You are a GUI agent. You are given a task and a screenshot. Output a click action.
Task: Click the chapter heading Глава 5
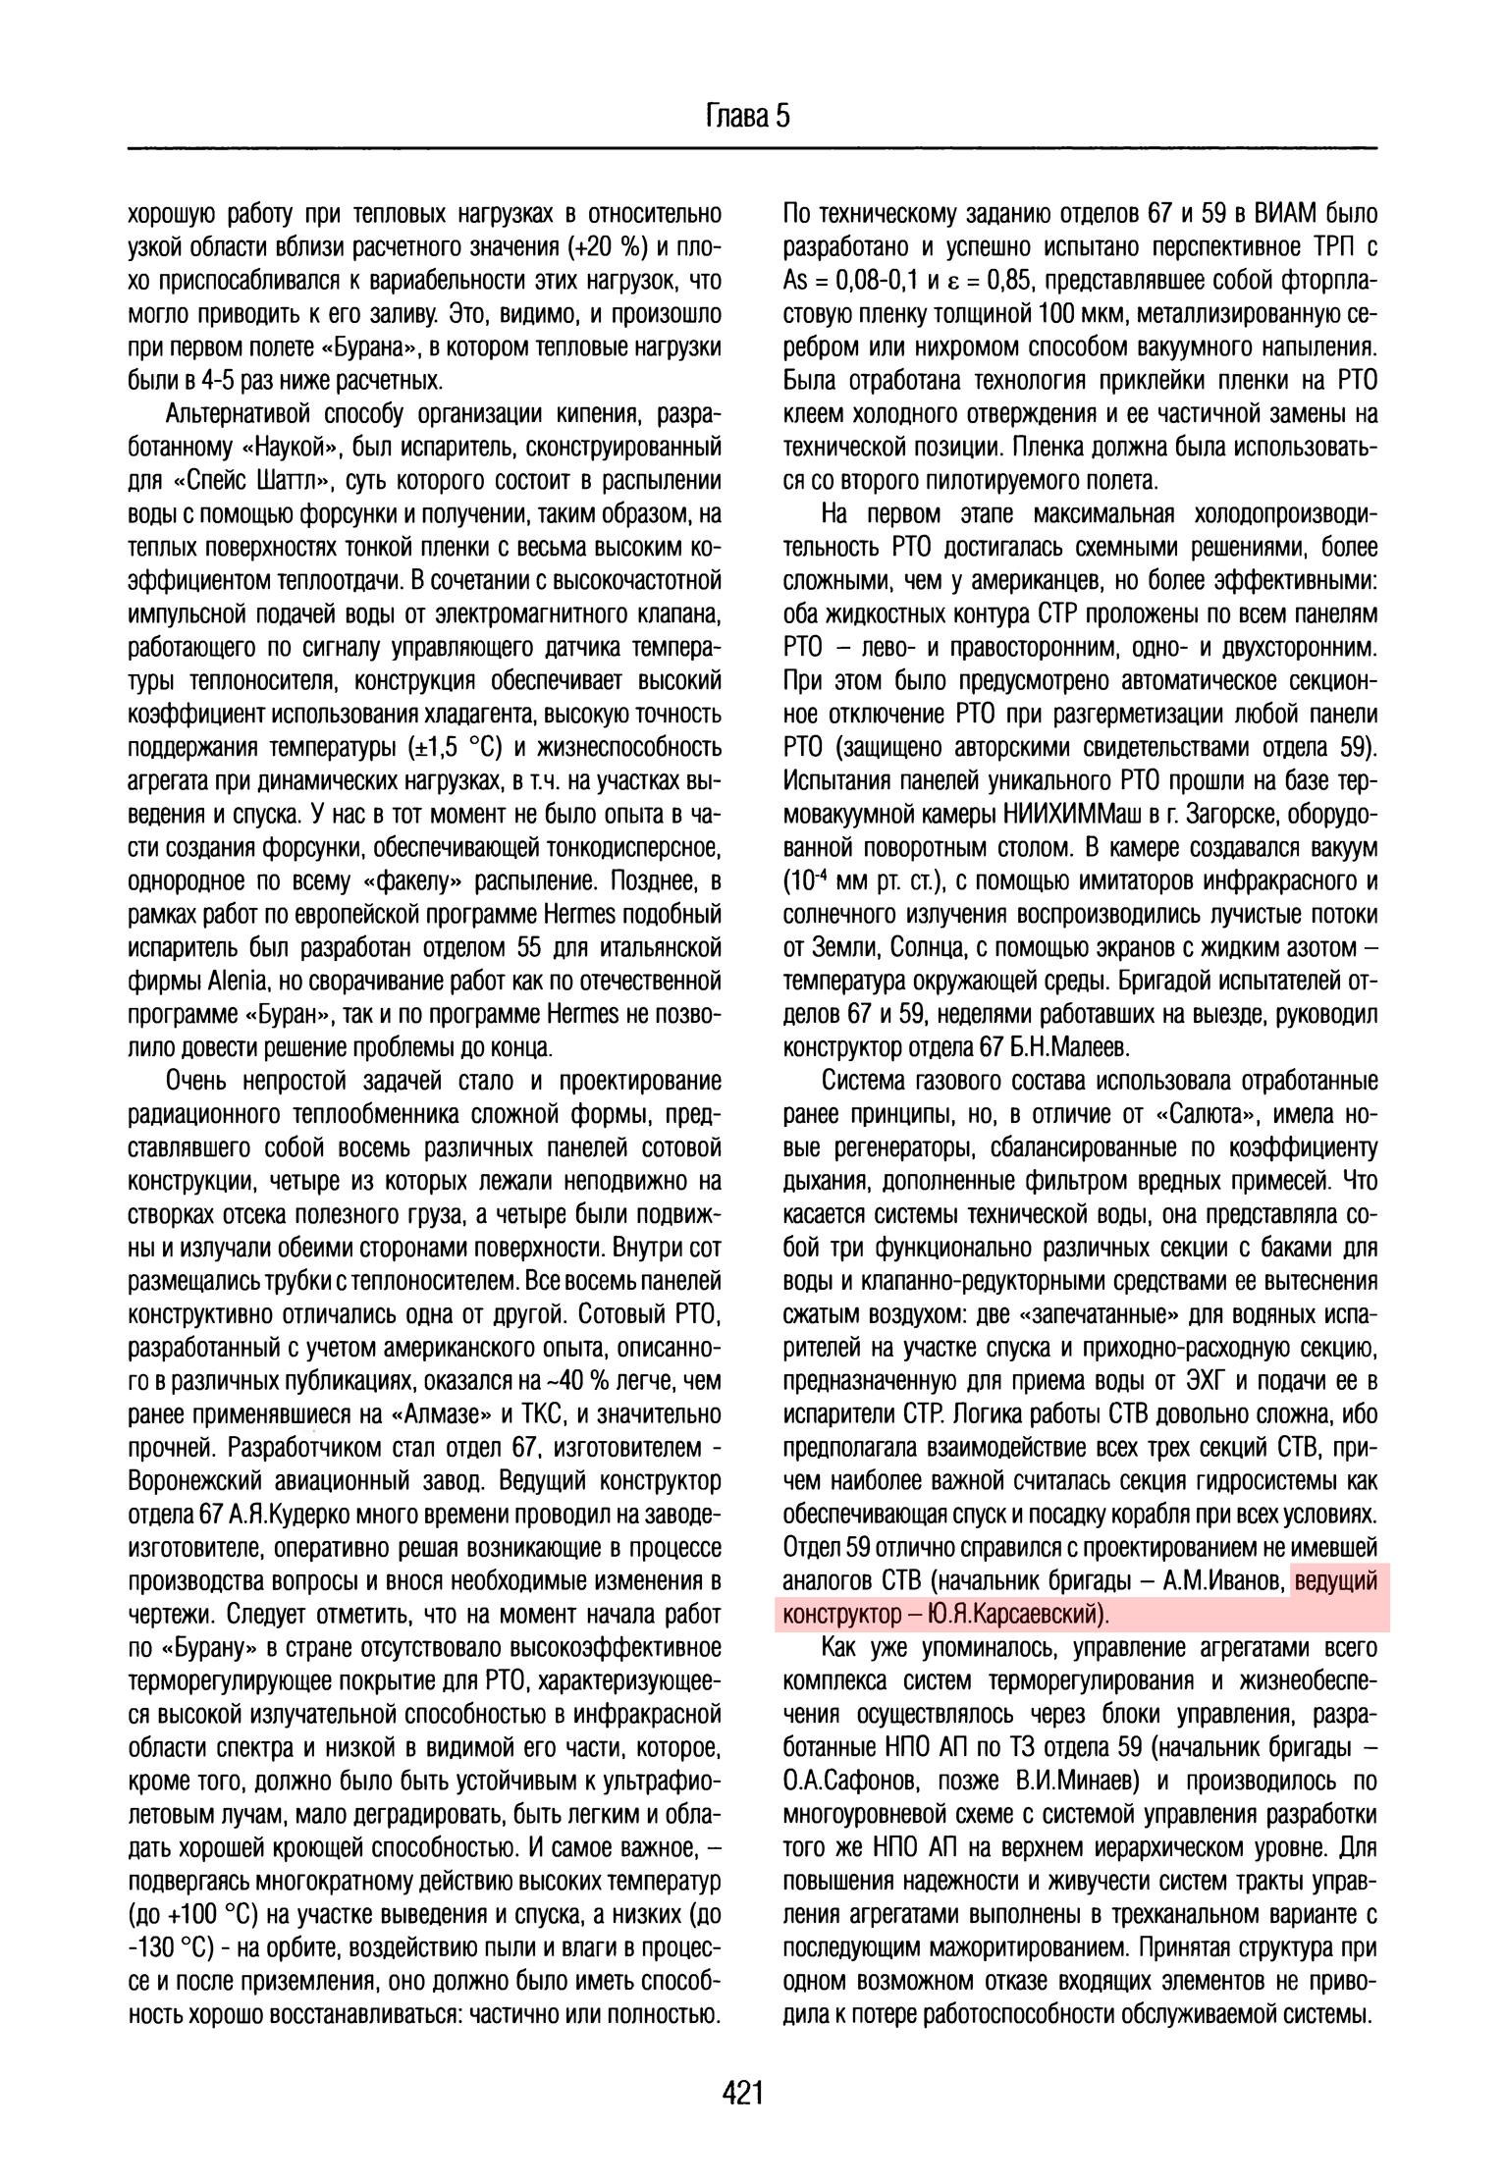[x=747, y=117]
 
